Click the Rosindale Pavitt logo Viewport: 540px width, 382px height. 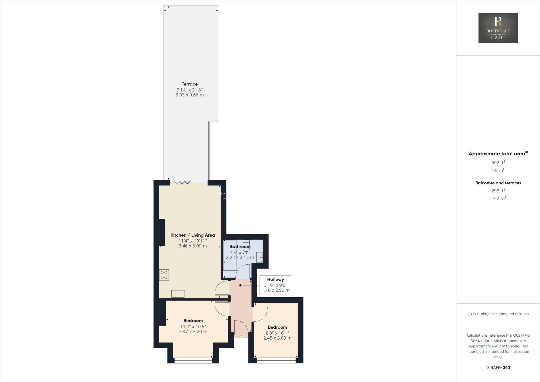pyautogui.click(x=498, y=28)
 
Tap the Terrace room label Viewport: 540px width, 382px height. pyautogui.click(x=190, y=84)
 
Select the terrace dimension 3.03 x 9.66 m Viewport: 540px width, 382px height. pyautogui.click(x=190, y=95)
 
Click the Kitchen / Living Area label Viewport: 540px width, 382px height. pyautogui.click(x=192, y=235)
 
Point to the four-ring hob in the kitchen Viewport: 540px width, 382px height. pyautogui.click(x=164, y=275)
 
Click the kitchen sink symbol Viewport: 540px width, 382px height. pyautogui.click(x=178, y=294)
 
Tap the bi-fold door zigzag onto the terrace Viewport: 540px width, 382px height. pyautogui.click(x=180, y=182)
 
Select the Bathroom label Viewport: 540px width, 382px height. pyautogui.click(x=240, y=247)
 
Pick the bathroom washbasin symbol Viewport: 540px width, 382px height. pyautogui.click(x=259, y=257)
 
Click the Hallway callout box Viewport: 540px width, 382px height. pyautogui.click(x=275, y=285)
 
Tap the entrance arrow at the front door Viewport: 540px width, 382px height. pyautogui.click(x=241, y=337)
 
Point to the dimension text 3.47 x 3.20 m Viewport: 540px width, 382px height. pyautogui.click(x=193, y=332)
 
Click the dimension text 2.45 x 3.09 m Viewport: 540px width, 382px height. pyautogui.click(x=277, y=338)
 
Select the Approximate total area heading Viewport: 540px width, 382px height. pyautogui.click(x=497, y=154)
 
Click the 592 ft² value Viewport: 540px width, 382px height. pyautogui.click(x=498, y=163)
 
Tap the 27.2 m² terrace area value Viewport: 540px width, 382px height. pyautogui.click(x=498, y=198)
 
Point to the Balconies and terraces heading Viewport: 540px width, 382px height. pyautogui.click(x=498, y=183)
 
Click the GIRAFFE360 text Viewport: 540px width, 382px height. pyautogui.click(x=498, y=367)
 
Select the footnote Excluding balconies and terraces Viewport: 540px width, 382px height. pyautogui.click(x=498, y=314)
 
